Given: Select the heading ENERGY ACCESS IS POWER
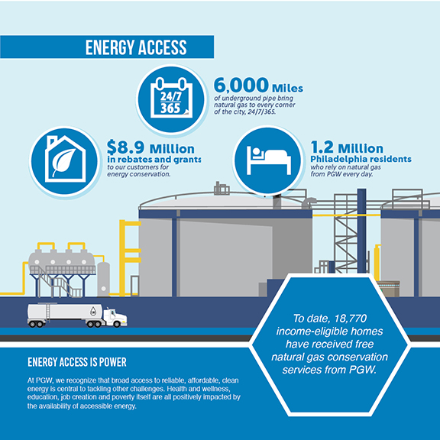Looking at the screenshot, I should [x=77, y=362].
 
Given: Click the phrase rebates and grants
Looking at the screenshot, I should [x=160, y=160].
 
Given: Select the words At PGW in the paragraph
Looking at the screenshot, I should [x=37, y=379].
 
